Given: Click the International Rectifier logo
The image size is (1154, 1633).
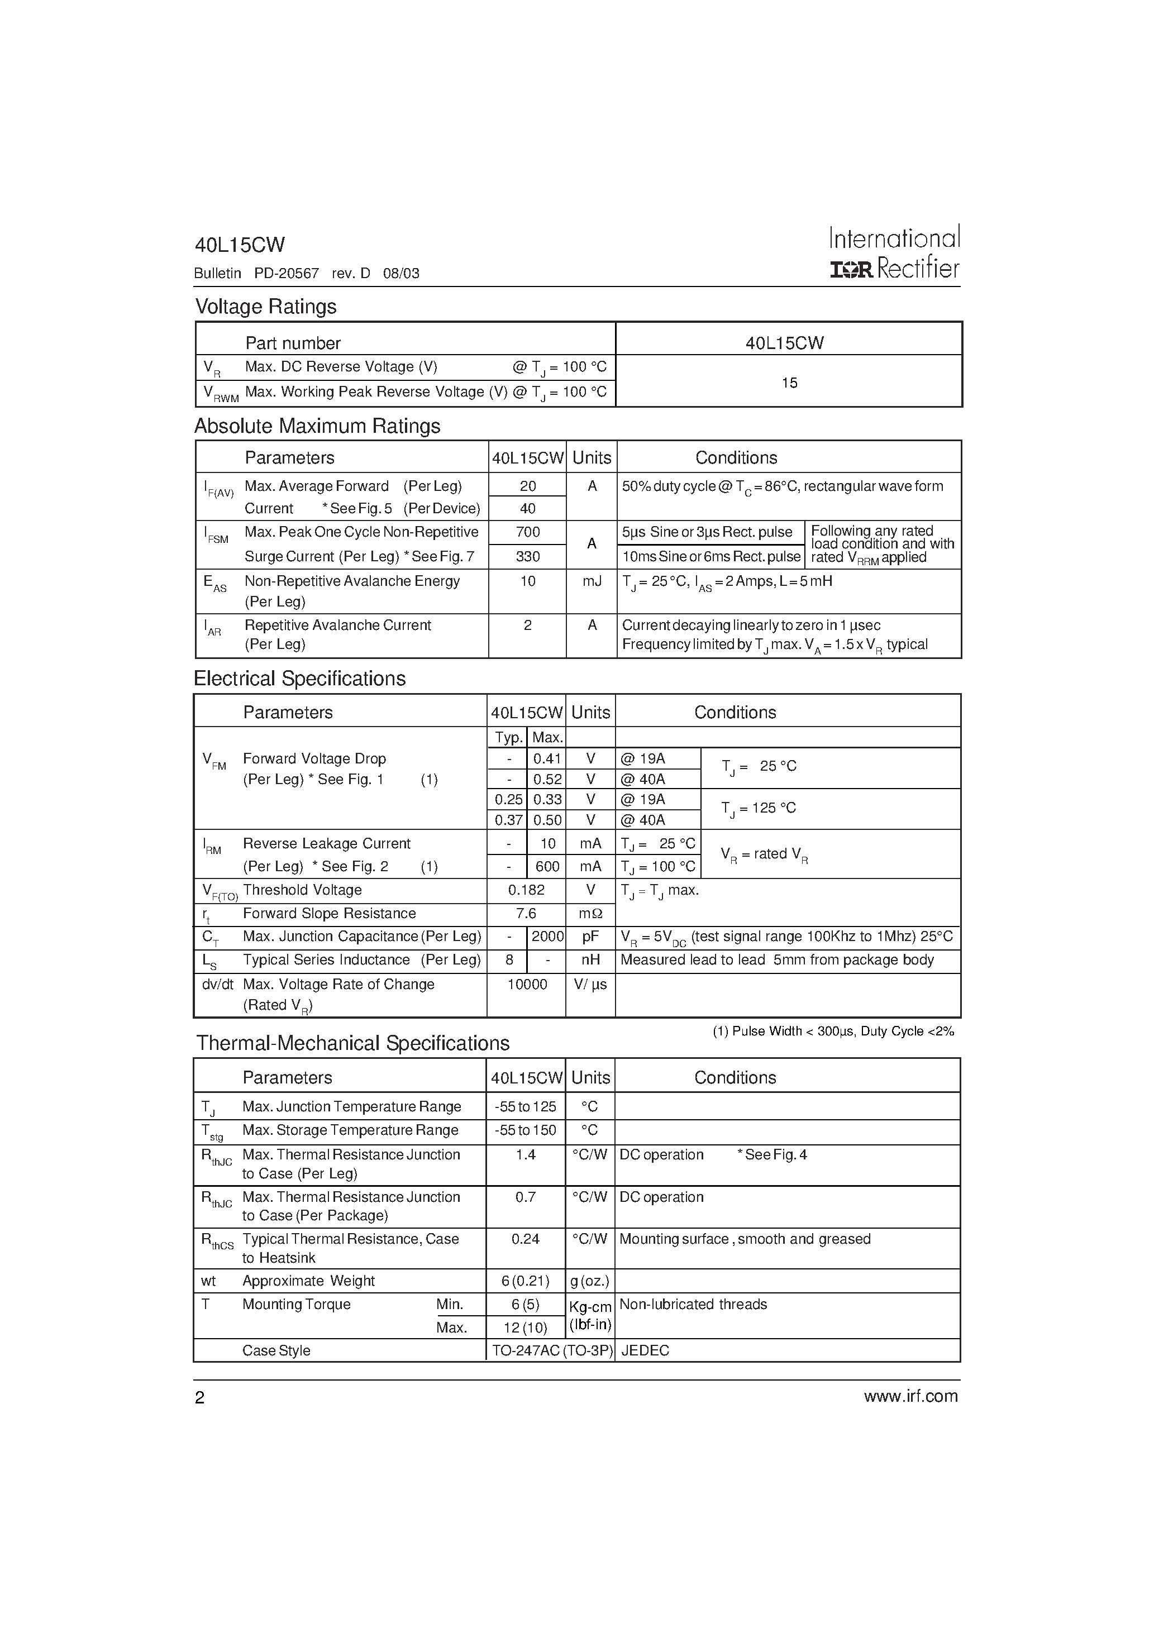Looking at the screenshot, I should click(894, 252).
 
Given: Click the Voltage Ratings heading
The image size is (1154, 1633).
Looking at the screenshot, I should click(265, 307).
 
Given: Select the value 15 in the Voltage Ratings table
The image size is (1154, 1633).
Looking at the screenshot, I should click(789, 383).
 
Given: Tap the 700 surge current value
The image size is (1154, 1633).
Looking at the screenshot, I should click(527, 532).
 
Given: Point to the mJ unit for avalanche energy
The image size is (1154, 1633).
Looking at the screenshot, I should click(591, 581).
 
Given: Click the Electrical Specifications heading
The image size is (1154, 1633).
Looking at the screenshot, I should click(299, 679).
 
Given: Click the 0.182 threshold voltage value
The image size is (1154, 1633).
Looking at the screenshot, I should click(527, 890).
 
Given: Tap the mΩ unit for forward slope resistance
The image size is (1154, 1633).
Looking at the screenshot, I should click(590, 913).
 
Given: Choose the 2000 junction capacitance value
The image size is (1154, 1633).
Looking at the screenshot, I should click(547, 937).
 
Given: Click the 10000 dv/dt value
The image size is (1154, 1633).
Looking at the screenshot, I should click(527, 985).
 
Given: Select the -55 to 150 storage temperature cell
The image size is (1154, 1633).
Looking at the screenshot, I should click(526, 1130).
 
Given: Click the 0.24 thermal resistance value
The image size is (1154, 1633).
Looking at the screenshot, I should click(525, 1239).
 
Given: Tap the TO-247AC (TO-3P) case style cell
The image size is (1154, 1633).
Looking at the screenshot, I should click(551, 1350).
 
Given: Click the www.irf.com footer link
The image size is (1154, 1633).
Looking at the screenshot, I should click(910, 1396).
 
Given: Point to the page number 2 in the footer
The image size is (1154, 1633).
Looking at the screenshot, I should click(200, 1397).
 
